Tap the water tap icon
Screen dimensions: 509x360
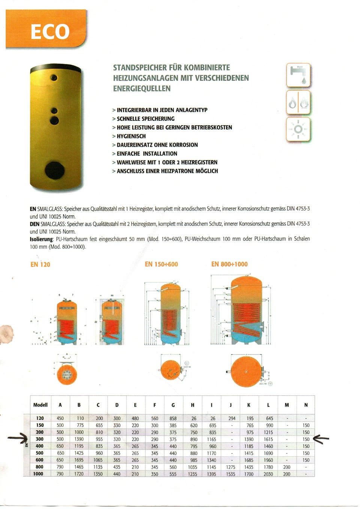298,75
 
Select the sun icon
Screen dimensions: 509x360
298,129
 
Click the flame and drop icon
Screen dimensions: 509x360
298,102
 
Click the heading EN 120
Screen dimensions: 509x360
40,264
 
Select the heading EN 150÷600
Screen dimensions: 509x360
161,264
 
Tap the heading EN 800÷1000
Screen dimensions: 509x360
229,264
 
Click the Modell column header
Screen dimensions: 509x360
40,405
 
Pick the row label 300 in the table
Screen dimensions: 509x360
39,439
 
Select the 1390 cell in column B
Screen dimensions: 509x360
79,439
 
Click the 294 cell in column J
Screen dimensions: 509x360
232,418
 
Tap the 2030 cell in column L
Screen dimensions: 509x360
268,474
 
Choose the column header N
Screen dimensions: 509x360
306,405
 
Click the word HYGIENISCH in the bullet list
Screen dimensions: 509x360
131,136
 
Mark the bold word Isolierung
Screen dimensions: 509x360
41,239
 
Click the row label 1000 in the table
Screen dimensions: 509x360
38,474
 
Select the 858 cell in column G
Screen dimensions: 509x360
173,418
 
